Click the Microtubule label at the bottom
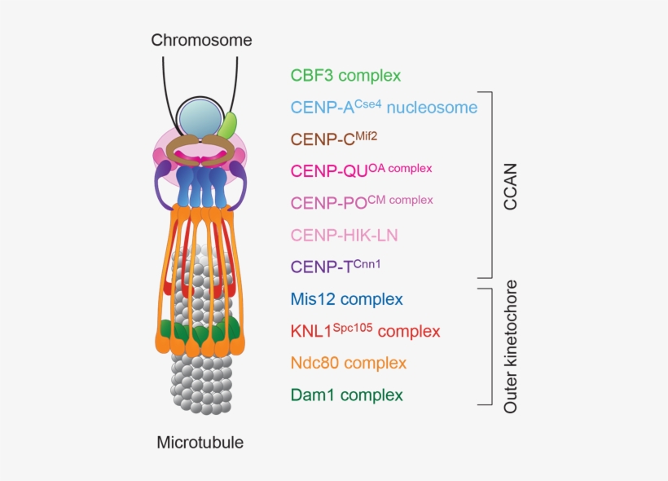[200, 443]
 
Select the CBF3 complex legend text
[345, 76]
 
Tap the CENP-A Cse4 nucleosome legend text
[384, 107]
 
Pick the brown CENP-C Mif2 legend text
[334, 138]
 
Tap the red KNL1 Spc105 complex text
[365, 331]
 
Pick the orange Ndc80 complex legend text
[348, 363]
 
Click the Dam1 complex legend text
[346, 395]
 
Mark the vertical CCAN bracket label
[510, 184]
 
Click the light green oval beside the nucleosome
[229, 125]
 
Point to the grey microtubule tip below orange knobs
[199, 383]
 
